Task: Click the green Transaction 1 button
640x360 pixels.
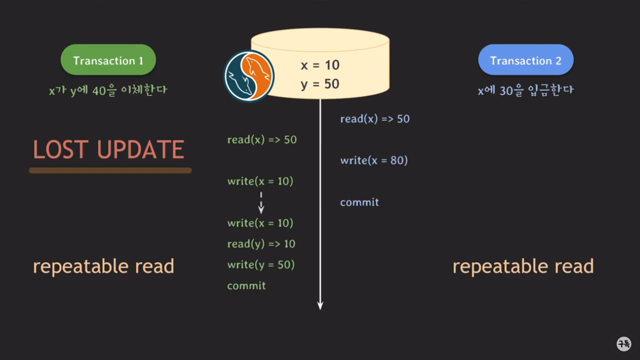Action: pyautogui.click(x=108, y=60)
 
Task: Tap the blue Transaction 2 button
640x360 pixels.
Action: pyautogui.click(x=526, y=60)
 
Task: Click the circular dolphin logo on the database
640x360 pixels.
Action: pyautogui.click(x=249, y=76)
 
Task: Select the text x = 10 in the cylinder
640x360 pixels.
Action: pyautogui.click(x=320, y=65)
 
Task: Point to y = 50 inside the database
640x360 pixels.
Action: pyautogui.click(x=320, y=84)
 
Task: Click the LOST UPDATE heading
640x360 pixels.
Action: pyautogui.click(x=109, y=149)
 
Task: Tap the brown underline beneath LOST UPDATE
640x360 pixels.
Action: pyautogui.click(x=110, y=170)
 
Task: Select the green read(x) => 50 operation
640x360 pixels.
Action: pyautogui.click(x=262, y=140)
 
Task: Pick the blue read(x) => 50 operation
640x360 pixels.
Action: pyautogui.click(x=375, y=119)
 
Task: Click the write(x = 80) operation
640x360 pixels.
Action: pyautogui.click(x=374, y=161)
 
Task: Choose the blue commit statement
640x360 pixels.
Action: pyautogui.click(x=359, y=202)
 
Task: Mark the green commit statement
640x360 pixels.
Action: pyautogui.click(x=246, y=286)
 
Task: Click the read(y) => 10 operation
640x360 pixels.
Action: pyautogui.click(x=261, y=244)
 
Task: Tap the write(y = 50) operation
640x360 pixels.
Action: pyautogui.click(x=261, y=265)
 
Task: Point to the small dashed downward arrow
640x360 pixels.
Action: pyautogui.click(x=261, y=203)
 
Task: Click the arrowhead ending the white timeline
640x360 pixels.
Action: pyautogui.click(x=320, y=306)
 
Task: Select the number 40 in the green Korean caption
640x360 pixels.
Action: pyautogui.click(x=99, y=91)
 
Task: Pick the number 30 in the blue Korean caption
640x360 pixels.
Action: pyautogui.click(x=506, y=91)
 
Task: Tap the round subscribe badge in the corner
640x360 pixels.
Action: pyautogui.click(x=624, y=344)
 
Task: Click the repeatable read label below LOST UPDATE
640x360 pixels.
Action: pyautogui.click(x=103, y=266)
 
